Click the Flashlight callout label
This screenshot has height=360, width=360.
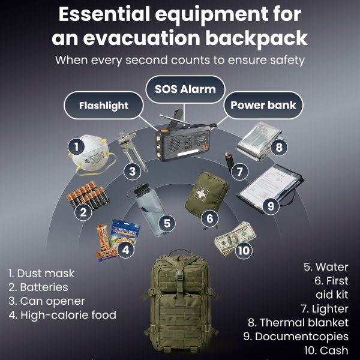click(x=104, y=106)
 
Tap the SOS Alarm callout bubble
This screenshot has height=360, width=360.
click(x=185, y=89)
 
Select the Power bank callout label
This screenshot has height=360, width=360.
click(x=263, y=105)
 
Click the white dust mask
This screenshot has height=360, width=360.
click(x=92, y=154)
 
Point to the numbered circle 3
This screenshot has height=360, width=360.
click(x=132, y=171)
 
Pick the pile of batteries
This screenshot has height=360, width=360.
click(x=88, y=195)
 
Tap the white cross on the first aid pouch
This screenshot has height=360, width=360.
click(x=200, y=194)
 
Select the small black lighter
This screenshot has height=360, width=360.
click(x=229, y=163)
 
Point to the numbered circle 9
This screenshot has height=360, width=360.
click(x=271, y=206)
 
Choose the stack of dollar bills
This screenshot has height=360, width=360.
click(x=235, y=239)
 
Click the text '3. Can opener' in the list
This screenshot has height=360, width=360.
click(x=47, y=301)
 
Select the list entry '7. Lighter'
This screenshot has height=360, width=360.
click(x=325, y=309)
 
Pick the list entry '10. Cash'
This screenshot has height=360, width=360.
click(x=326, y=350)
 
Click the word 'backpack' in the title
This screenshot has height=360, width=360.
click(x=256, y=38)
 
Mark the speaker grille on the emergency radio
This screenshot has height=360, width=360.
click(x=174, y=144)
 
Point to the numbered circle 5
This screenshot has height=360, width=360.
click(x=167, y=223)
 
